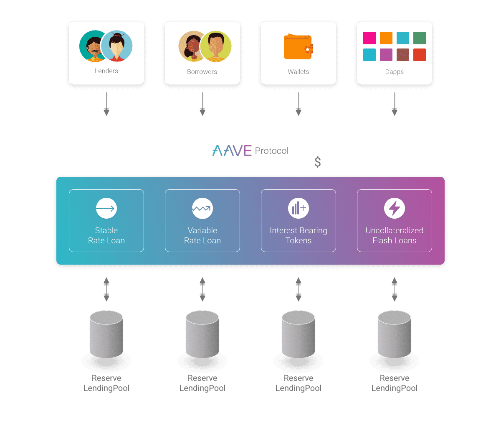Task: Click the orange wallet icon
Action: [x=298, y=47]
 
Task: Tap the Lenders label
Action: [x=106, y=71]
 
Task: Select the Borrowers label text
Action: [x=202, y=72]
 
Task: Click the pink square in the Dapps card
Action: [x=369, y=38]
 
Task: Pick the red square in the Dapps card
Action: [x=420, y=55]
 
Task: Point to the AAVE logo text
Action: [x=232, y=151]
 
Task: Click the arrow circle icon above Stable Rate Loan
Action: [x=106, y=208]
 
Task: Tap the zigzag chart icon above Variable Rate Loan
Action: [x=202, y=208]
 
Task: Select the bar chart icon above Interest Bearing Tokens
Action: [x=299, y=208]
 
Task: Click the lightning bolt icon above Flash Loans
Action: [x=395, y=208]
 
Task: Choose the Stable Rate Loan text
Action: [x=106, y=235]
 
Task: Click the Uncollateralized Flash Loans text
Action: [x=395, y=235]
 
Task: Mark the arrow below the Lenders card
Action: [x=106, y=104]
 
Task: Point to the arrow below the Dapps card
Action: [x=395, y=104]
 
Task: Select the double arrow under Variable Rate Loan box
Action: [x=202, y=289]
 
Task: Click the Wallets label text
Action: [x=299, y=72]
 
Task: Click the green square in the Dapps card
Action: [x=420, y=38]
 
